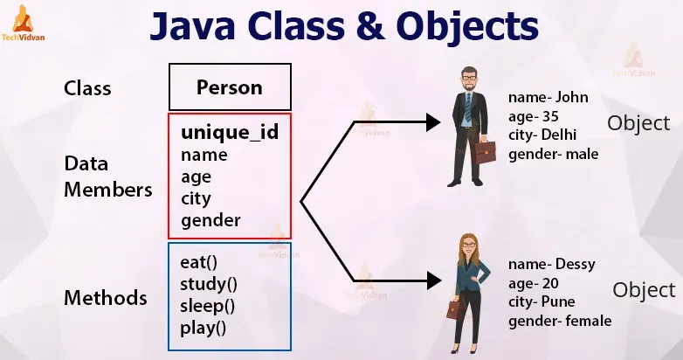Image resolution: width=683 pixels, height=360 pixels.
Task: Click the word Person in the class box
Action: pos(229,87)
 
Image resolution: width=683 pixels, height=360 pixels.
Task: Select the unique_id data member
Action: pos(229,133)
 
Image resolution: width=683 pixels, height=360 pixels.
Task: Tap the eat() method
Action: pos(200,262)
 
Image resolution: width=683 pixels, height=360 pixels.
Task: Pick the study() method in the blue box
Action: pos(209,284)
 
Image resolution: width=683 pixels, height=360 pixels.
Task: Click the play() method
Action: pos(204,329)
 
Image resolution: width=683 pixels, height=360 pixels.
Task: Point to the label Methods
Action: pos(106,298)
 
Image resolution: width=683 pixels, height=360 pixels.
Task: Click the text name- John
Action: pos(548,97)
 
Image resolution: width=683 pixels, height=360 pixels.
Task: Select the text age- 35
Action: pos(533,116)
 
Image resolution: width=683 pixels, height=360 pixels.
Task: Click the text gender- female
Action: pos(559,321)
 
